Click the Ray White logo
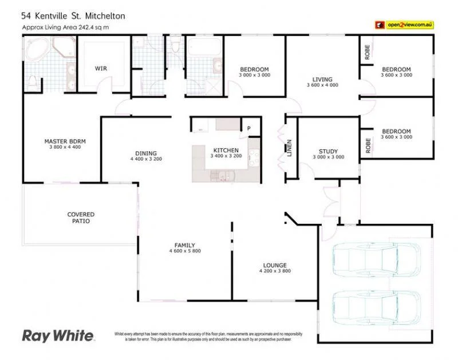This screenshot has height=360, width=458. coord(58,335)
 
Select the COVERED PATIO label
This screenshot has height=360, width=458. coord(81,217)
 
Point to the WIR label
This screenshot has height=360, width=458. coord(101,68)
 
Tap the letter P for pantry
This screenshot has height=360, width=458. coord(249,128)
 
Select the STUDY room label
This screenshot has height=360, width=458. coord(328,151)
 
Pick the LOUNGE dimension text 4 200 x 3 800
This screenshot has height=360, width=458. coord(275,271)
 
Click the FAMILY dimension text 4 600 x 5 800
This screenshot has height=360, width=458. coord(185,251)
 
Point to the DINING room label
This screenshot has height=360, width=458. coord(146,153)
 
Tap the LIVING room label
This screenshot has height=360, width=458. coord(322,79)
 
